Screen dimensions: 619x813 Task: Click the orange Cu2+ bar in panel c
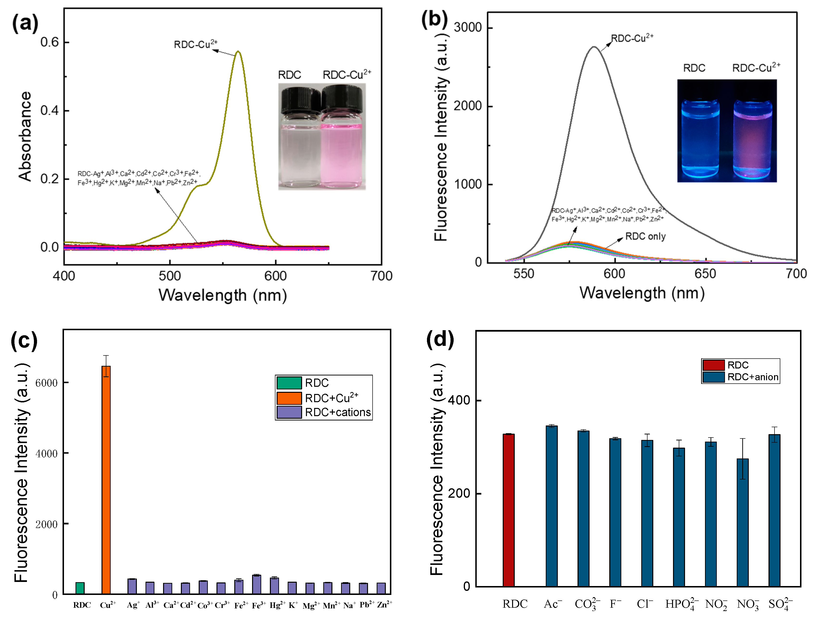(106, 479)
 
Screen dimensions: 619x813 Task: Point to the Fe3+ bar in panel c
(257, 584)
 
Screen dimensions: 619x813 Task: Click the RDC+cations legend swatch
(289, 412)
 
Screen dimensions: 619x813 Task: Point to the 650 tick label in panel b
(705, 274)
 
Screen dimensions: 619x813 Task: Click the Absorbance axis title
(25, 136)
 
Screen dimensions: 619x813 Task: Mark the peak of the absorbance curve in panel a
(239, 52)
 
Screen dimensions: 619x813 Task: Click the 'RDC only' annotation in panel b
(645, 237)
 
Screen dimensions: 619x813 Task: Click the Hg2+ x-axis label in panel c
(277, 605)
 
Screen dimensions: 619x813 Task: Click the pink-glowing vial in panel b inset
(752, 140)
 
